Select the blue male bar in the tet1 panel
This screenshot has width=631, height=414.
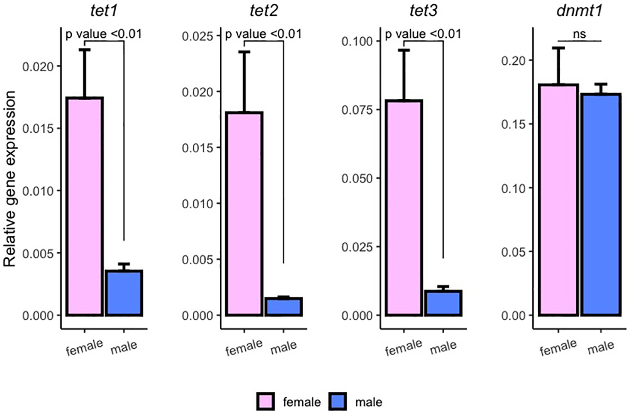point(124,293)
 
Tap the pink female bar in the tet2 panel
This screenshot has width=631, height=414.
point(244,214)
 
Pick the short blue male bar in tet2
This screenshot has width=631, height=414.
point(283,307)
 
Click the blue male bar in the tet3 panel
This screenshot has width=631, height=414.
point(443,303)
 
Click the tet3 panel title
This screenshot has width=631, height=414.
point(423,10)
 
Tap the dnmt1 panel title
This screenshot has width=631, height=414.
point(579,10)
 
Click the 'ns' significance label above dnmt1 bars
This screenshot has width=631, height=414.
point(579,34)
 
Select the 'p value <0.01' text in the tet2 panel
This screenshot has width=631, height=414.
point(263,34)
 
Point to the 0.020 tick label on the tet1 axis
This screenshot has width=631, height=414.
point(38,67)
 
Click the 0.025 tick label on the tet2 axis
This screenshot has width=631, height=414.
point(198,36)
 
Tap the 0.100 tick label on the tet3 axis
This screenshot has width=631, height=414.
point(357,41)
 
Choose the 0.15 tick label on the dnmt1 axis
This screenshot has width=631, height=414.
point(513,124)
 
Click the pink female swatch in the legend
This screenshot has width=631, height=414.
point(265,402)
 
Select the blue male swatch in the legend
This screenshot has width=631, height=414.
point(338,402)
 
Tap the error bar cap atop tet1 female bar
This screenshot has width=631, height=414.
point(85,50)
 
